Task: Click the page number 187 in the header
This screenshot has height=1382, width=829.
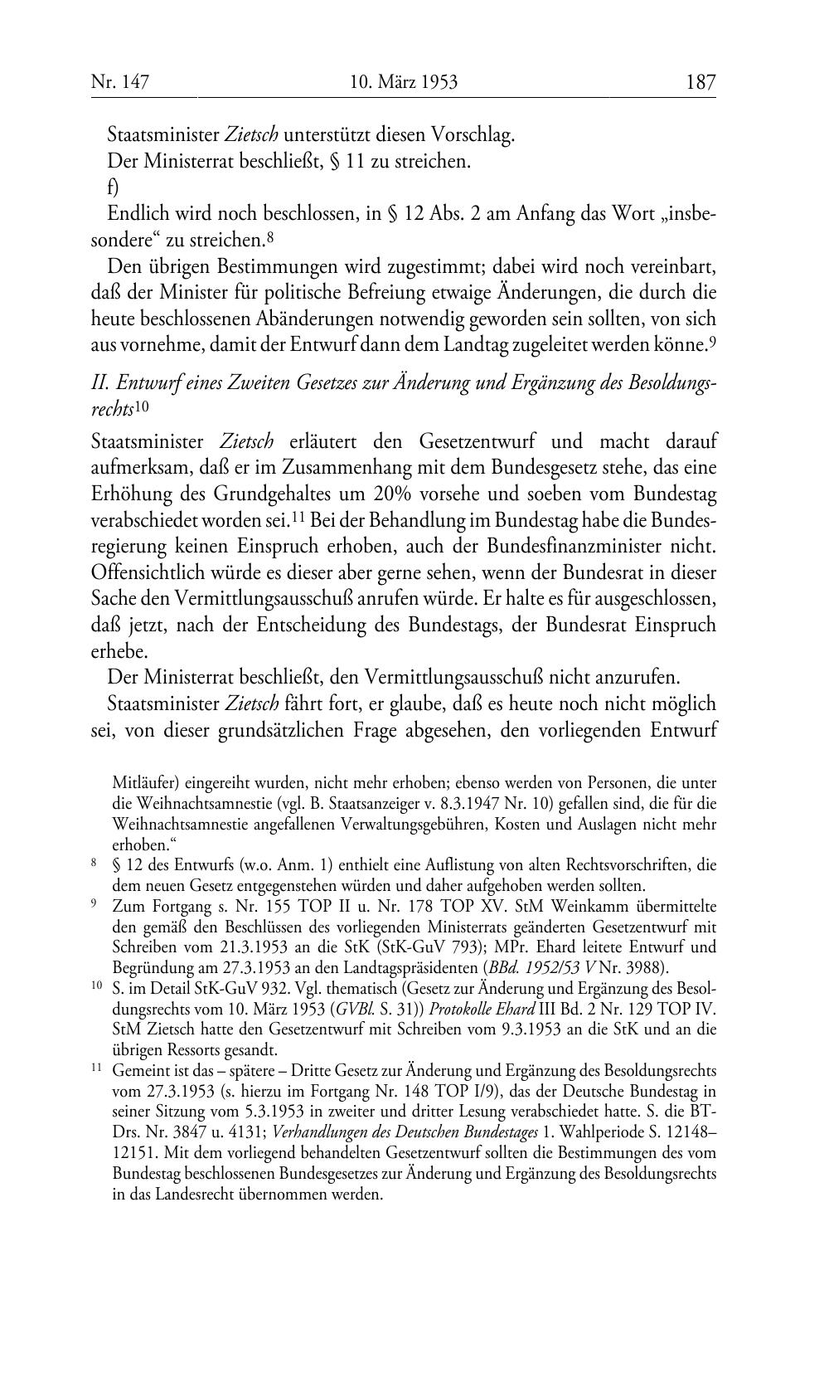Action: point(701,81)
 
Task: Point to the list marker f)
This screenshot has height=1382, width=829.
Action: point(113,187)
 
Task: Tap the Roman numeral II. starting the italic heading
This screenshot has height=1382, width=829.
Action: point(99,384)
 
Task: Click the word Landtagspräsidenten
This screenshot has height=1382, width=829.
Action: point(394,967)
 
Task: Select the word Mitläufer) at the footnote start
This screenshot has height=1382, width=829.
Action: point(144,782)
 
